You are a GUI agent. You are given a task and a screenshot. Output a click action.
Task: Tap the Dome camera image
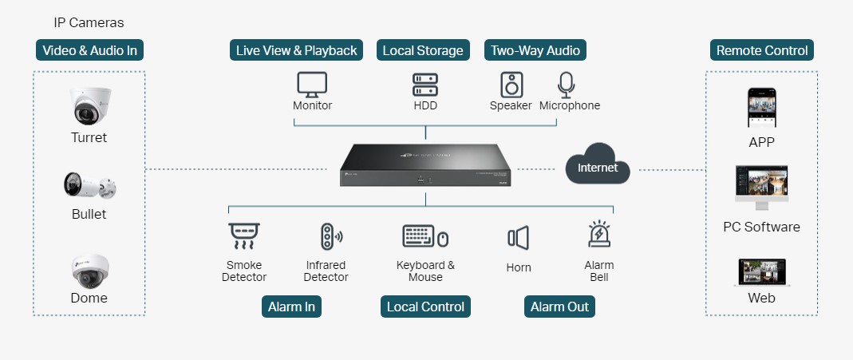coord(89,271)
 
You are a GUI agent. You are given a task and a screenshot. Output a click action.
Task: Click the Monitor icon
coord(312,84)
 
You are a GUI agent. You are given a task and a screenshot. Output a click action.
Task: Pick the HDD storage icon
coord(425,84)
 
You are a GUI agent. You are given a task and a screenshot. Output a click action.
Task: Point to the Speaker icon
coord(511,84)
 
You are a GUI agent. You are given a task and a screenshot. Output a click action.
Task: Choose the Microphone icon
coord(567,84)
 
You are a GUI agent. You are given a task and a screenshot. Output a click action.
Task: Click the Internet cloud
coord(598,167)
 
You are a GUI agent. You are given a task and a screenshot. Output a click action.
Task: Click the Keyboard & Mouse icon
coord(425,237)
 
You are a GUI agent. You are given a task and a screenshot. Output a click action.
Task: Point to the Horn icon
coord(518,238)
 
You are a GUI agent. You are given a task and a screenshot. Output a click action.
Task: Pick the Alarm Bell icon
coord(599,235)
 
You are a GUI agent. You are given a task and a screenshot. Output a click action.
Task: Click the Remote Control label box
coord(762,50)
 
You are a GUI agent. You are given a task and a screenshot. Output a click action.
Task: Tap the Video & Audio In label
coord(89,50)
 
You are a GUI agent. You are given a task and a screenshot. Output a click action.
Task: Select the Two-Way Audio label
coord(535,50)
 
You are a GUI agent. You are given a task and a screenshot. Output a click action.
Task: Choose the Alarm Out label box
coord(559,307)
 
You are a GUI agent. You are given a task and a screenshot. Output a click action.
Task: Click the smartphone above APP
coord(761,108)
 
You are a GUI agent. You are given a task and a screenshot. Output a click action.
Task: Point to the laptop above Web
coord(761,272)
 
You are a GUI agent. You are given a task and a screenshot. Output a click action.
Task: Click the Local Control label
coord(425,307)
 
